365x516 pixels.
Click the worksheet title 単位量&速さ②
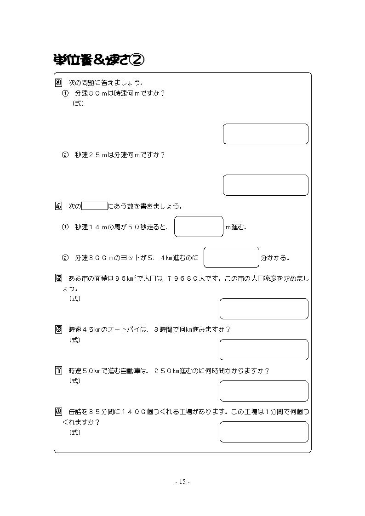point(98,60)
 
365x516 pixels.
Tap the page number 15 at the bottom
point(182,482)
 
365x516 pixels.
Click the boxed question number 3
point(58,83)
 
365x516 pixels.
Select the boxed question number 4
point(58,206)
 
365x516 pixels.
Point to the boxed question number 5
point(58,278)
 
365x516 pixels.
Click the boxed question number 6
point(58,329)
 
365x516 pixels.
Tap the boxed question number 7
point(58,370)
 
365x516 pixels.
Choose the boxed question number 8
point(58,411)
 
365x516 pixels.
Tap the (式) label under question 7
point(75,381)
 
